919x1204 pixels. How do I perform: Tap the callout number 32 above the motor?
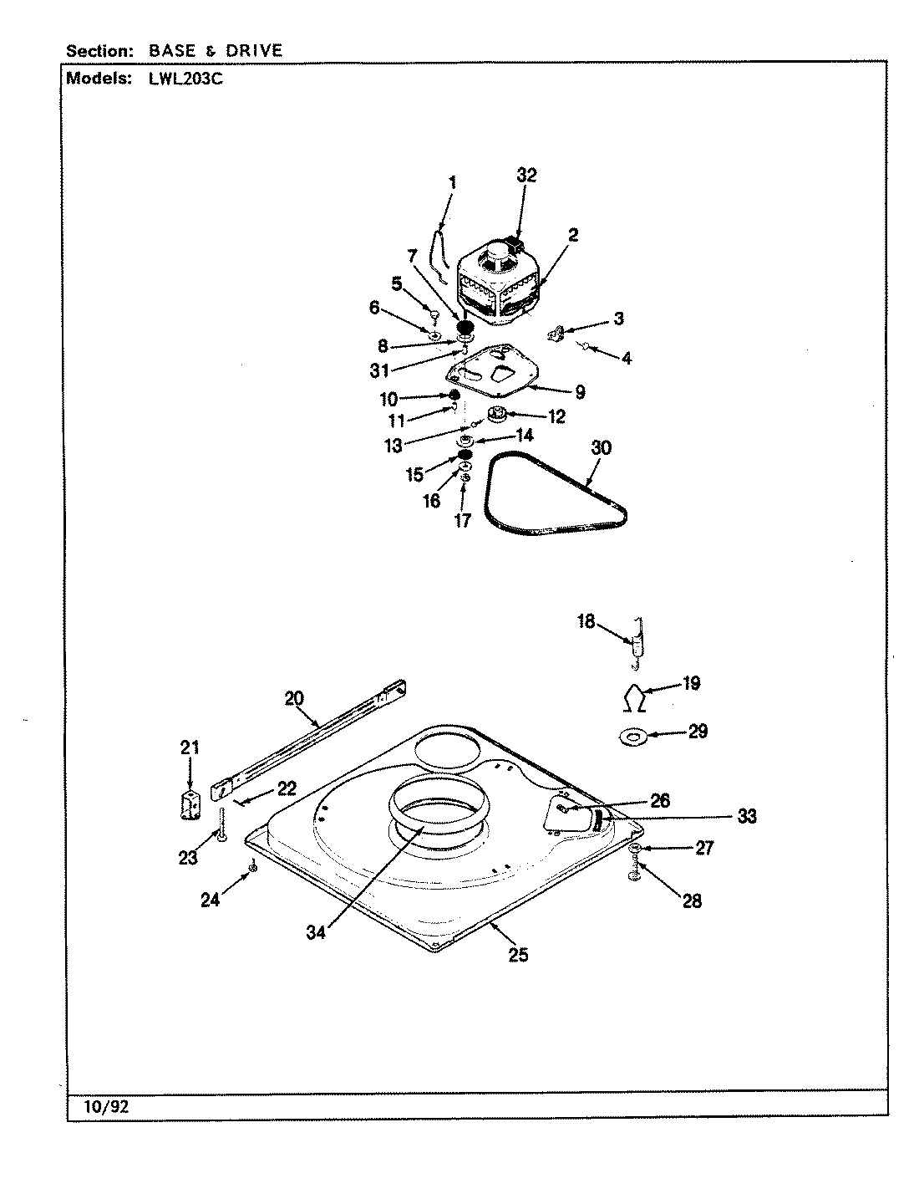(526, 176)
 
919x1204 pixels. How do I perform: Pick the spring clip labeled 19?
(636, 696)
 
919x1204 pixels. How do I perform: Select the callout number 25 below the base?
(518, 955)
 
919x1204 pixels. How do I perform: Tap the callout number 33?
(746, 816)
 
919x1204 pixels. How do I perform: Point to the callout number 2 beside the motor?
(573, 235)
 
